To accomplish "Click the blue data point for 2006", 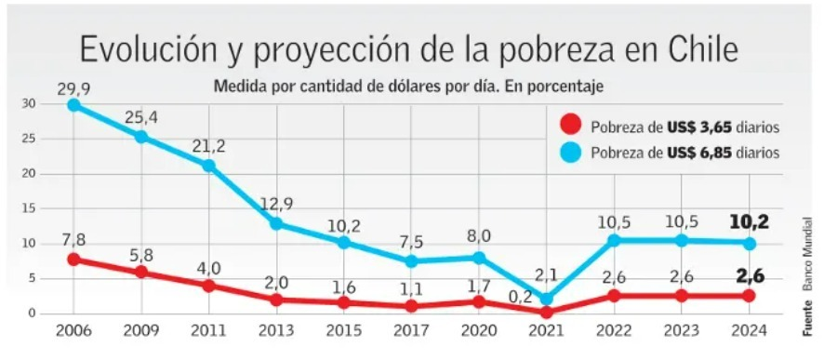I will [73, 105].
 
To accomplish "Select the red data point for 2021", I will [547, 312].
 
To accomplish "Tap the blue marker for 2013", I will [276, 223].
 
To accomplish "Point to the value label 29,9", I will [73, 88].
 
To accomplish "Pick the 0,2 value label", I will [519, 299].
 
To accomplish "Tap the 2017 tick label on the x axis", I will [411, 331].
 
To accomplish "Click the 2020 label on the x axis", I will [479, 331].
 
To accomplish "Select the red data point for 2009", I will [141, 273].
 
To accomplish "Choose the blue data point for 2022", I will [614, 240].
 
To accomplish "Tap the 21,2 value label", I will [209, 146].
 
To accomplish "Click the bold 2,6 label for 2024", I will [750, 275].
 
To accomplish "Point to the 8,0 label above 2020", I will [479, 235].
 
